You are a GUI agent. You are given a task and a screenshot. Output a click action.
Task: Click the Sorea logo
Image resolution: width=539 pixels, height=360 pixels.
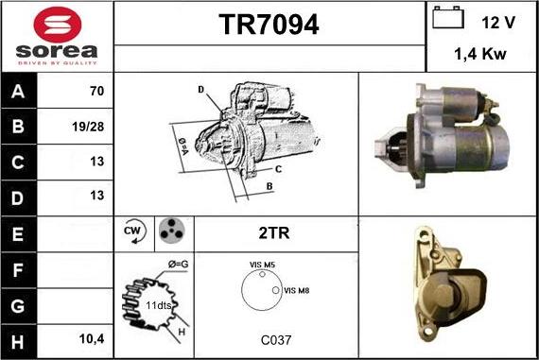pos(56,36)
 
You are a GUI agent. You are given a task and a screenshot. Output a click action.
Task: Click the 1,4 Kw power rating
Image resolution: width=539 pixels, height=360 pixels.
pos(480,55)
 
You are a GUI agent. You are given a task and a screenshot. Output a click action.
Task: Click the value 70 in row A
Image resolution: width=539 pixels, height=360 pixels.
pos(96,93)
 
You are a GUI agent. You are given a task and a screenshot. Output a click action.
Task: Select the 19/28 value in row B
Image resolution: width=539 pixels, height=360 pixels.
pos(93,126)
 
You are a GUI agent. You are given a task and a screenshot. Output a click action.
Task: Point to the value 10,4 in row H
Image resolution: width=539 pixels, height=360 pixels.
pos(93,336)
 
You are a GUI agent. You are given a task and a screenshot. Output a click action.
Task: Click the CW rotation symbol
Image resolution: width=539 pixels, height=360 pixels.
pos(133,231)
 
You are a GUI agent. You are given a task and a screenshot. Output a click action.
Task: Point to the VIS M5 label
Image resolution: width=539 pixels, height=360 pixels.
pos(262,266)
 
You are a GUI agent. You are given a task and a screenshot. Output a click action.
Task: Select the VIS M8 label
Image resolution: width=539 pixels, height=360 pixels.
pos(297,289)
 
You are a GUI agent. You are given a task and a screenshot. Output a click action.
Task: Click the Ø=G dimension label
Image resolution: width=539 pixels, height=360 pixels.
pos(178,264)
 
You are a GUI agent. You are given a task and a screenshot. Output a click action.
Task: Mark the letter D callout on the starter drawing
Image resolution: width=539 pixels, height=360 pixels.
pos(201,89)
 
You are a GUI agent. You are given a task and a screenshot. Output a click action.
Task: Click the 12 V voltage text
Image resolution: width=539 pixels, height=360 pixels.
pos(497,21)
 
